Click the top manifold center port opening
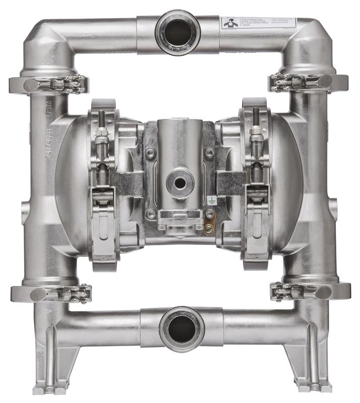[x=178, y=31]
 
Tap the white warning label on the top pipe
[x=258, y=24]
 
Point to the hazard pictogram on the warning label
[x=229, y=24]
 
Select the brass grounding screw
[x=209, y=229]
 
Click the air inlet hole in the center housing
[x=180, y=179]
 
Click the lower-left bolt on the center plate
[x=150, y=214]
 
